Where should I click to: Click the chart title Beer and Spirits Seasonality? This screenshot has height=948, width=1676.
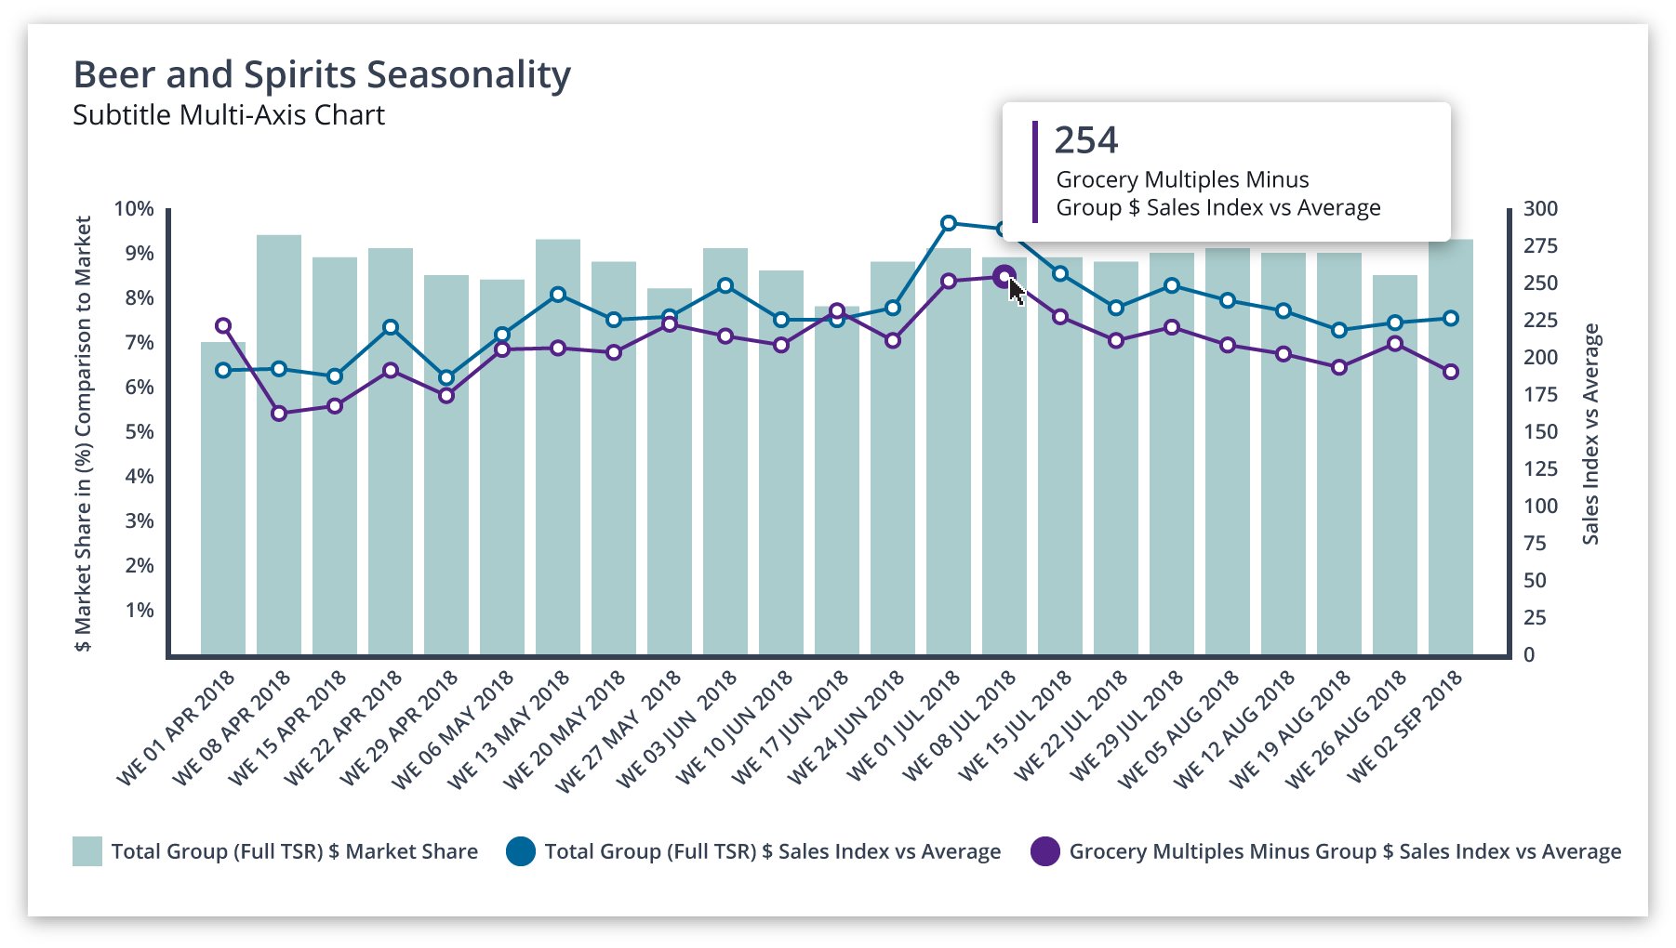coord(322,75)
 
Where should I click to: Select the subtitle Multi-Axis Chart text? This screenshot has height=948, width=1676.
coord(229,115)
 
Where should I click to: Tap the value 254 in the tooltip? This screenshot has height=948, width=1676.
coord(1086,140)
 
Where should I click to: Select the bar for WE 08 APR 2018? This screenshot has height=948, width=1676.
coord(279,446)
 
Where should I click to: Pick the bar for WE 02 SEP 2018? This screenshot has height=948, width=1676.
coord(1451,446)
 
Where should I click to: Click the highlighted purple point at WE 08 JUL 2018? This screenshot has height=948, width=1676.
coord(1004,276)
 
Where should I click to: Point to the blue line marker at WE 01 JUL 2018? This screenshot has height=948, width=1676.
coord(949,223)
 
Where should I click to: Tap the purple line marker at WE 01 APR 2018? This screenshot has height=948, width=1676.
coord(223,326)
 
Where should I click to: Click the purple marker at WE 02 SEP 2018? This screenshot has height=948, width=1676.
coord(1451,372)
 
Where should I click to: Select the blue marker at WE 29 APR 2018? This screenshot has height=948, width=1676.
coord(446,378)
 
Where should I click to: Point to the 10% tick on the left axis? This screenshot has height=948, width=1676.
coord(134,209)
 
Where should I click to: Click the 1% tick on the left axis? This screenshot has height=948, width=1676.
coord(140,611)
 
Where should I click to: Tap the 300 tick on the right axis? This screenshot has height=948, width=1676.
coord(1540,209)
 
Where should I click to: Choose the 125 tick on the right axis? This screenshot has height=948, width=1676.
coord(1540,469)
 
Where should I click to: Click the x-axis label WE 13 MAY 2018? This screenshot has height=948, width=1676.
coord(510,730)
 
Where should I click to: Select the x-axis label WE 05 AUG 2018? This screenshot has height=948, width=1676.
coord(1179,730)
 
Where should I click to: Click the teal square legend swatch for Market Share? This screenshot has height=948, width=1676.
coord(87,851)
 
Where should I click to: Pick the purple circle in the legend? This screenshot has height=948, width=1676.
coord(1045,851)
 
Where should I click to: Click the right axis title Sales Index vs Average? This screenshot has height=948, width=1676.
coord(1591,433)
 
